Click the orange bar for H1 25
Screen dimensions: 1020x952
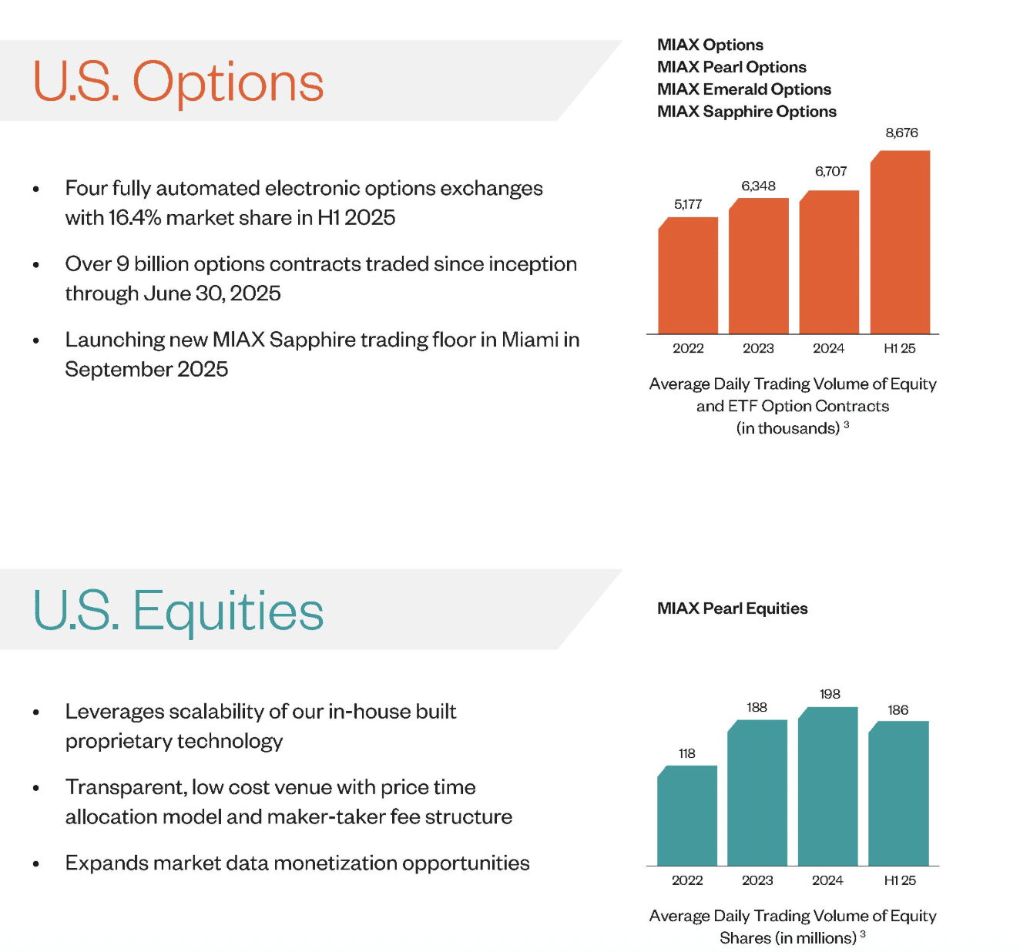click(x=900, y=242)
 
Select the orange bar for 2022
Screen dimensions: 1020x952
click(x=688, y=275)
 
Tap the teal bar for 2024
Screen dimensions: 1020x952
click(x=827, y=786)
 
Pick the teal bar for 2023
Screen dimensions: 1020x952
click(x=757, y=793)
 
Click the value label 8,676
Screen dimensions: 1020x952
click(x=901, y=133)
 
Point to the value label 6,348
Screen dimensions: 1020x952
click(x=758, y=186)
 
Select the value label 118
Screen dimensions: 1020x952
click(x=686, y=753)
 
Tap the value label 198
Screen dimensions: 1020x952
click(x=830, y=694)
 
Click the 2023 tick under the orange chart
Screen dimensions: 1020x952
click(x=758, y=348)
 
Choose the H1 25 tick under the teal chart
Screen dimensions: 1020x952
click(x=899, y=880)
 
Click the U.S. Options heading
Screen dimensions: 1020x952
click(x=178, y=82)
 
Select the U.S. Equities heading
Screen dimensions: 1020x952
click(x=178, y=612)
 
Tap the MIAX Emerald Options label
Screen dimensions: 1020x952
click(x=743, y=89)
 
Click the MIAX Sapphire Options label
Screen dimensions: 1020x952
click(x=747, y=112)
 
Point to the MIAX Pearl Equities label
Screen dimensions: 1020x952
click(x=733, y=608)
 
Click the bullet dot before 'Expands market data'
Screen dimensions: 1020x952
click(x=36, y=864)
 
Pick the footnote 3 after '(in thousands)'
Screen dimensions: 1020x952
click(x=847, y=424)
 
